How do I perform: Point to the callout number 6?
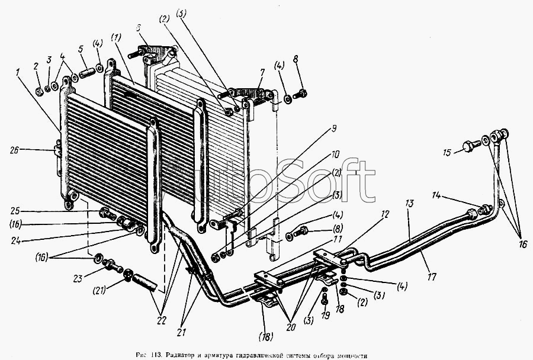138,27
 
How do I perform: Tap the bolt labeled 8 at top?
301,93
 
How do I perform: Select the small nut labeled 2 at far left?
38,92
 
